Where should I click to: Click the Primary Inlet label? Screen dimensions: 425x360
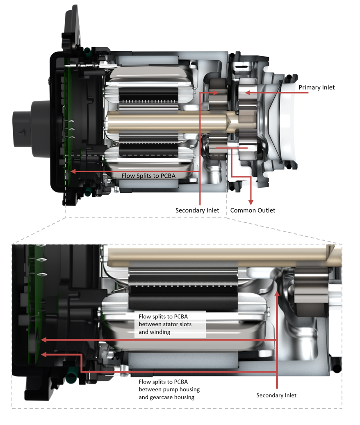(317, 87)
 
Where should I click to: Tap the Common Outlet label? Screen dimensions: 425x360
(253, 210)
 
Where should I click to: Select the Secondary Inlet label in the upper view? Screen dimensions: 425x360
(197, 210)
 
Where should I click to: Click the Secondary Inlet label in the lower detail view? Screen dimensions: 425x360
(276, 395)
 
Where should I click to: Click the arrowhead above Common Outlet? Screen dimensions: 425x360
(251, 201)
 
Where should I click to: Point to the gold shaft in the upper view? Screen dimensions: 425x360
(164, 122)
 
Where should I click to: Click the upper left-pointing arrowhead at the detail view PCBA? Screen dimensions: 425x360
(43, 340)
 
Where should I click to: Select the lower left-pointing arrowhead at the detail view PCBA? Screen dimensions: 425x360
(43, 354)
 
